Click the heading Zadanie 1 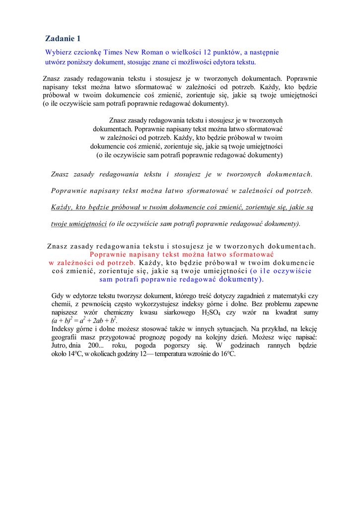[x=63, y=38]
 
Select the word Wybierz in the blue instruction [x=58, y=52]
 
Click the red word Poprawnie [x=107, y=254]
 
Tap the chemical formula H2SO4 [x=212, y=313]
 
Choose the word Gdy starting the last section [x=58, y=296]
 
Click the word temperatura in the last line [x=171, y=354]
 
